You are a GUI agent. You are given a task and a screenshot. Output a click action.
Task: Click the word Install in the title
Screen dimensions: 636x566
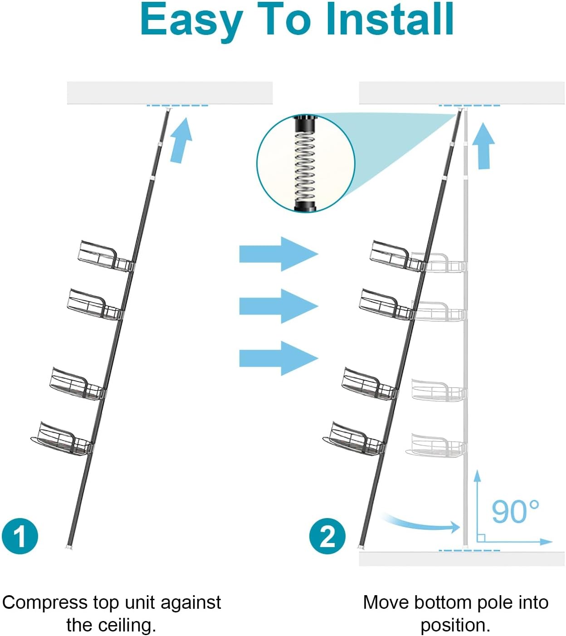390,20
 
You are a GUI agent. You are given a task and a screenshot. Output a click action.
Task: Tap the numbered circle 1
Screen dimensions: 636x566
20,536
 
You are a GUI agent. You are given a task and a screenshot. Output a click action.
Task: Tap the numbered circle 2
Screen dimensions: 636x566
327,536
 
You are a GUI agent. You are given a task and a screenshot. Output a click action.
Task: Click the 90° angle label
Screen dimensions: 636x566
515,512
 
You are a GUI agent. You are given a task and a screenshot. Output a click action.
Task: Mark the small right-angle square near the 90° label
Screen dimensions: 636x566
481,538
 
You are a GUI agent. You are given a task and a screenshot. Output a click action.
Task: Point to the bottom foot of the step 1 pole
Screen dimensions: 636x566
69,546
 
